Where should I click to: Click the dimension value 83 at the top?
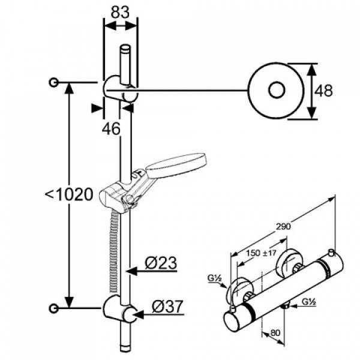click(120, 12)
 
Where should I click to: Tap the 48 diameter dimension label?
click(323, 91)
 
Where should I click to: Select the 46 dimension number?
click(111, 128)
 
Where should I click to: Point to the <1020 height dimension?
click(69, 195)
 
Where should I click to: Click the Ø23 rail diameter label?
click(161, 263)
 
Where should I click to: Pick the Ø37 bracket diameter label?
click(167, 306)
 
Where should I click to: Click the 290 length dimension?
click(283, 227)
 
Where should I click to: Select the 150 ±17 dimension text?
click(261, 253)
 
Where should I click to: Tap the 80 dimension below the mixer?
click(275, 333)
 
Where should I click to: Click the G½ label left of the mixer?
click(214, 278)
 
